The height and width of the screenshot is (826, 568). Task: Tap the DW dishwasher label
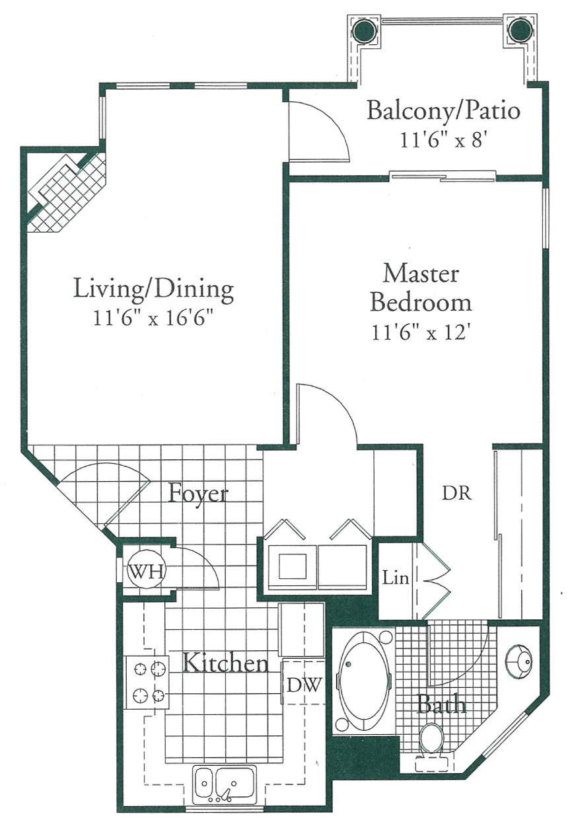pyautogui.click(x=304, y=685)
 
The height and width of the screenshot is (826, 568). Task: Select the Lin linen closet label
pyautogui.click(x=396, y=579)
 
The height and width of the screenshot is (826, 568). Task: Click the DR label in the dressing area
pyautogui.click(x=456, y=493)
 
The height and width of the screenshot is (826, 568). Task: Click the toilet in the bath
pyautogui.click(x=433, y=739)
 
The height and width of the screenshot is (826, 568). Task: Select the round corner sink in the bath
pyautogui.click(x=519, y=660)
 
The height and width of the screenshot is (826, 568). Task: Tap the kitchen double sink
pyautogui.click(x=225, y=784)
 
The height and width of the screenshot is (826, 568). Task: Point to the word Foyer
pyautogui.click(x=198, y=493)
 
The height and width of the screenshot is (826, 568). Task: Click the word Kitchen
pyautogui.click(x=225, y=663)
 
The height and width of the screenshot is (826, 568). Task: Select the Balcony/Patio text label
pyautogui.click(x=443, y=110)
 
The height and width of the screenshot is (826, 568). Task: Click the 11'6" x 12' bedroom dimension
pyautogui.click(x=421, y=332)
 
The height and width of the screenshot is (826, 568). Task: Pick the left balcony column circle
pyautogui.click(x=363, y=29)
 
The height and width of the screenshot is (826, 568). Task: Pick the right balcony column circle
pyautogui.click(x=520, y=29)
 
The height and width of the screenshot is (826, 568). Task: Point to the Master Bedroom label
pyautogui.click(x=421, y=287)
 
